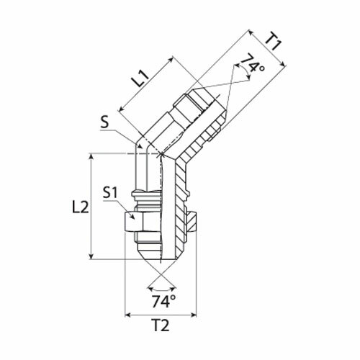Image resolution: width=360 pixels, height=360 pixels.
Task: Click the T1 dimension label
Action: [272, 42]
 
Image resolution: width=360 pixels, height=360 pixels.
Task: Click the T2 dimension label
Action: [161, 325]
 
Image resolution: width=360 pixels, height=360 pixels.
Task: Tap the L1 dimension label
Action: [141, 79]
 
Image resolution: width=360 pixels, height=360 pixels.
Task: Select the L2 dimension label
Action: [81, 207]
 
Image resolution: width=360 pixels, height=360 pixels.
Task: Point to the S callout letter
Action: [104, 122]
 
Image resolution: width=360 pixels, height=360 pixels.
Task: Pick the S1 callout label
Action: [110, 193]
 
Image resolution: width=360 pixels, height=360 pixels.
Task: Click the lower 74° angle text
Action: [163, 302]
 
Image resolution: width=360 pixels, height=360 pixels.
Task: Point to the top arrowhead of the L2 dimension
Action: [91, 157]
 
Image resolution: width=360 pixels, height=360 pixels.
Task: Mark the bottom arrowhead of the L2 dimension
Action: [91, 256]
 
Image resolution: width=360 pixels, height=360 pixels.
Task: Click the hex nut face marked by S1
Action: [130, 222]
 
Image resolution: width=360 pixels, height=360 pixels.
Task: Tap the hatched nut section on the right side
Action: [192, 222]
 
